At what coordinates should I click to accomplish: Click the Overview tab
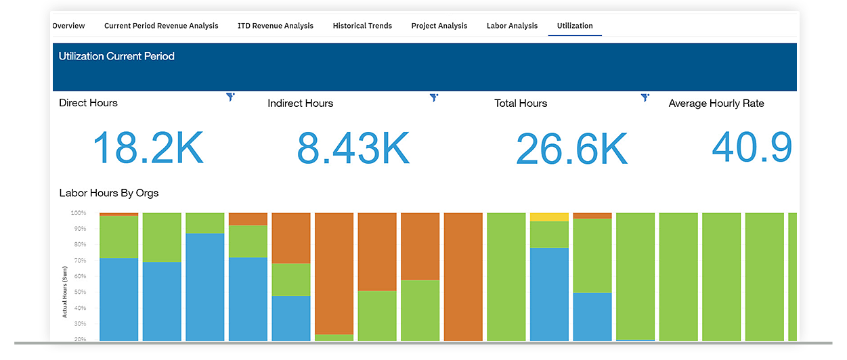point(68,26)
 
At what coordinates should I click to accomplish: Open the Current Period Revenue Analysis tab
point(161,26)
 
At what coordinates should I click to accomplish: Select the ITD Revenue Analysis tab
point(276,26)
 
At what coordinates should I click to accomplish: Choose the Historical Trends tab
point(362,26)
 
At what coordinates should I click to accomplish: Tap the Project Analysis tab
point(439,26)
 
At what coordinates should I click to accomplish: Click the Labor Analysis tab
point(512,26)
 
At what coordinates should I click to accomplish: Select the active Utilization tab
point(575,26)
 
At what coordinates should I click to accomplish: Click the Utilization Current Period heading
point(116,56)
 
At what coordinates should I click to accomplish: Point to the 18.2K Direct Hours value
point(148,148)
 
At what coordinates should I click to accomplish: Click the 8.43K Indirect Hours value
point(353,148)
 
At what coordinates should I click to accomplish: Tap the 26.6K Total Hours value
point(571,149)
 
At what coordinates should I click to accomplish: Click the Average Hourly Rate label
point(716,104)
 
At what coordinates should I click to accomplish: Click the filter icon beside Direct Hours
point(231,97)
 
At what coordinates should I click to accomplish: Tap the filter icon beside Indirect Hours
point(434,98)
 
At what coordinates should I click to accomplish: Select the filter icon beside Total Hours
point(645,98)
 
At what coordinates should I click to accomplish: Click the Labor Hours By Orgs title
point(109,193)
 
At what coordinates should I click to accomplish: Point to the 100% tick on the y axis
point(78,213)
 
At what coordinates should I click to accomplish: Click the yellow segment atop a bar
point(549,217)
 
